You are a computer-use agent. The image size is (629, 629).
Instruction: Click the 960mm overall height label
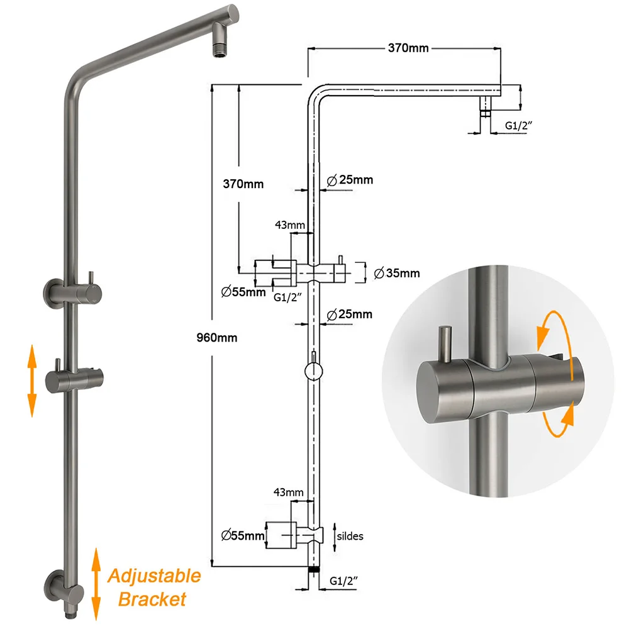(x=216, y=338)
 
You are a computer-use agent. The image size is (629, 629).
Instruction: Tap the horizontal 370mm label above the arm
(x=408, y=48)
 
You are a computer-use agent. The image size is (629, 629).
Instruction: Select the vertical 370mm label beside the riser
(x=243, y=184)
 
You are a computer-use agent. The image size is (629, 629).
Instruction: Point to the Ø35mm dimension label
(x=397, y=273)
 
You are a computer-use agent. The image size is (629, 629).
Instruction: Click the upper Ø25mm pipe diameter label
(x=350, y=180)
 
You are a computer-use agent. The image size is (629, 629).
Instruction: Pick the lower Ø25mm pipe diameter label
(x=349, y=314)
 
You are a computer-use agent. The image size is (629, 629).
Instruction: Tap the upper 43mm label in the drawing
(x=289, y=225)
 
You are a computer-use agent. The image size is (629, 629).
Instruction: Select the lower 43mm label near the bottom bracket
(x=289, y=493)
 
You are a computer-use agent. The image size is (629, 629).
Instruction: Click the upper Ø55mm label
(x=243, y=292)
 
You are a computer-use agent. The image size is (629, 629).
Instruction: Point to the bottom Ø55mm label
(x=243, y=535)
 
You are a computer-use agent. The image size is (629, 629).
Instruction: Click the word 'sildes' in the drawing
(x=350, y=537)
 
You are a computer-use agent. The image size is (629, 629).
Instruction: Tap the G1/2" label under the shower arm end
(x=518, y=126)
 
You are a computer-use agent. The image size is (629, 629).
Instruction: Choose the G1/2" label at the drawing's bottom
(x=343, y=581)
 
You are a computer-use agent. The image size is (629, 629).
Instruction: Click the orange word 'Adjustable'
(x=154, y=576)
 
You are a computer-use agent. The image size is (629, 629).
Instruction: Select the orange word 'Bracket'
(x=152, y=599)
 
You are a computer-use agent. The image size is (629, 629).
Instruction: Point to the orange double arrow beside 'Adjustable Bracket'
(x=96, y=584)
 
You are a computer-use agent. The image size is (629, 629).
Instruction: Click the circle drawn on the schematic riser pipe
(x=313, y=372)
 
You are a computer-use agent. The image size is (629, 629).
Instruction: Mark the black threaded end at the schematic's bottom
(x=314, y=569)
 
